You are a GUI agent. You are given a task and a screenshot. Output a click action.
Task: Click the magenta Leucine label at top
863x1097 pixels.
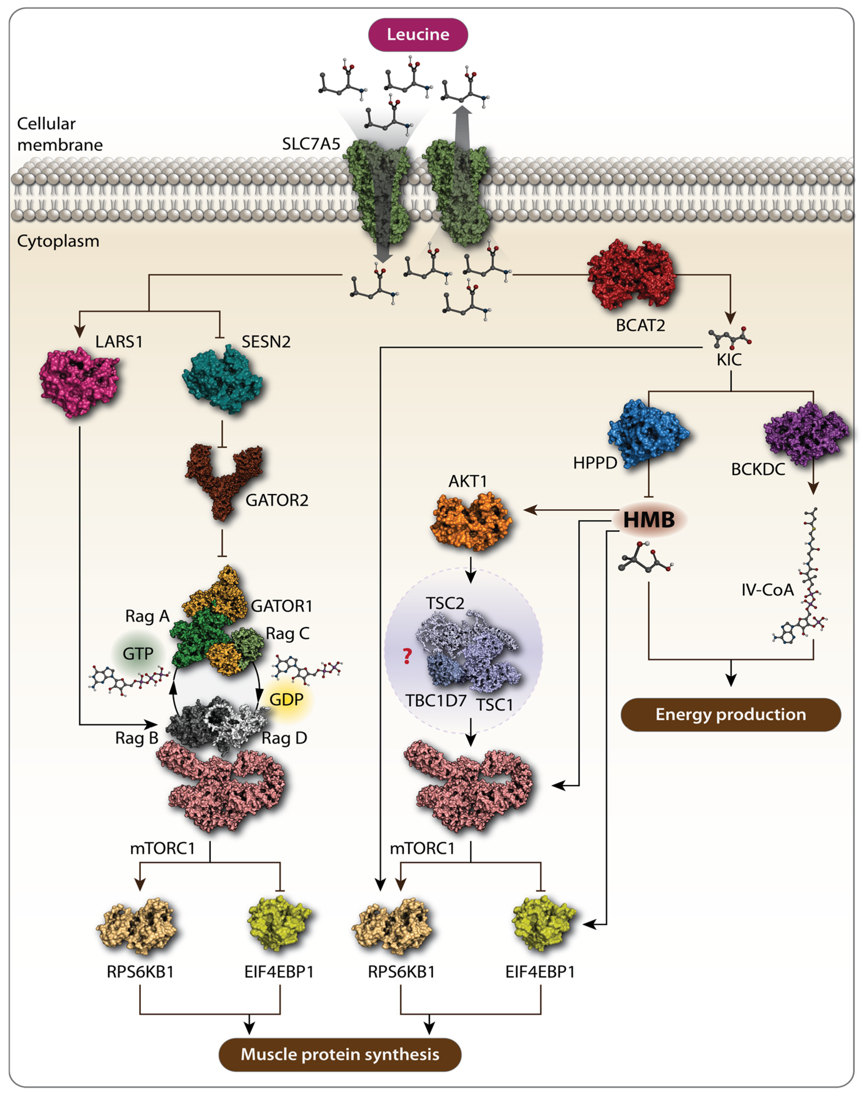pyautogui.click(x=418, y=34)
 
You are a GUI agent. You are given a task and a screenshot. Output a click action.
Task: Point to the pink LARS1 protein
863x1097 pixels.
pyautogui.click(x=79, y=382)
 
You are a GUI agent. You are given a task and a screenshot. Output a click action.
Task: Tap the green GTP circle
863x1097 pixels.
pyautogui.click(x=138, y=654)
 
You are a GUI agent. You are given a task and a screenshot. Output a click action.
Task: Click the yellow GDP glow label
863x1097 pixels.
pyautogui.click(x=286, y=700)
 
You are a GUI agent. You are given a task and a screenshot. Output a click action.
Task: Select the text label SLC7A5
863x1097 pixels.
pyautogui.click(x=311, y=144)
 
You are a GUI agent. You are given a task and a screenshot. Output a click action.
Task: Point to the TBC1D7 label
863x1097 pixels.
pyautogui.click(x=435, y=701)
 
